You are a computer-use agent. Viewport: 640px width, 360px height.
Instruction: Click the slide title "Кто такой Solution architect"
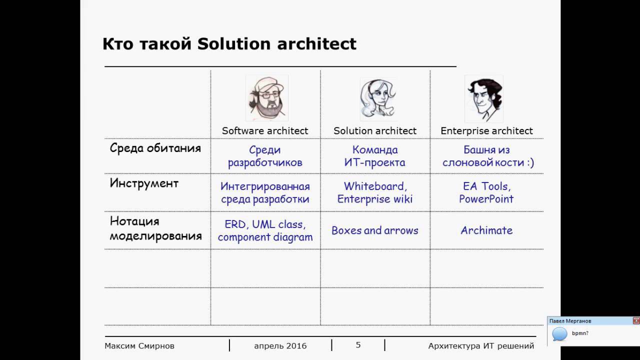click(229, 44)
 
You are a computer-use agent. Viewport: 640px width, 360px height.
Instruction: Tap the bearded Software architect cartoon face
click(267, 98)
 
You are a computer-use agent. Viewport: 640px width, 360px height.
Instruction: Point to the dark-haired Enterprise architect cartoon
click(484, 99)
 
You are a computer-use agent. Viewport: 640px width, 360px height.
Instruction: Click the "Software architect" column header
click(265, 131)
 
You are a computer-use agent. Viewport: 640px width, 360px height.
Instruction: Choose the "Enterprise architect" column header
click(486, 131)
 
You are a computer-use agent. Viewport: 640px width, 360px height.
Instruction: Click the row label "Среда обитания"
click(155, 148)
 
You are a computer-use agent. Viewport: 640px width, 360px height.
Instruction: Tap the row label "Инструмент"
click(144, 183)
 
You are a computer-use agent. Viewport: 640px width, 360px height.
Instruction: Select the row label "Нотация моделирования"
click(155, 228)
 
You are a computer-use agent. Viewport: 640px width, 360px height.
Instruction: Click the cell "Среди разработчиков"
click(265, 156)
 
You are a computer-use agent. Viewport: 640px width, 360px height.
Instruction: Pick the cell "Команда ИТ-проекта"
click(374, 156)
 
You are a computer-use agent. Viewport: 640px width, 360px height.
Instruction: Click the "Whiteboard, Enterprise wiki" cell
click(375, 192)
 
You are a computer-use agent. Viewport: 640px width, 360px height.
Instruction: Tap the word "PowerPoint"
click(486, 199)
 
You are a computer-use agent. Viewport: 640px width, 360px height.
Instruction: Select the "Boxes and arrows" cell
click(375, 230)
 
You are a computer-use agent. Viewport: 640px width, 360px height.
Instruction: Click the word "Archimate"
click(486, 230)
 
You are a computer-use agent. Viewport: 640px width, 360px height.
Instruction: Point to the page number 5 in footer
click(358, 345)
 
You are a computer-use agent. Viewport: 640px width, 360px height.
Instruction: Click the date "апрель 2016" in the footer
click(280, 346)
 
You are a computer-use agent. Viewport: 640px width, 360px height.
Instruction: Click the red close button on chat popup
click(636, 321)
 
